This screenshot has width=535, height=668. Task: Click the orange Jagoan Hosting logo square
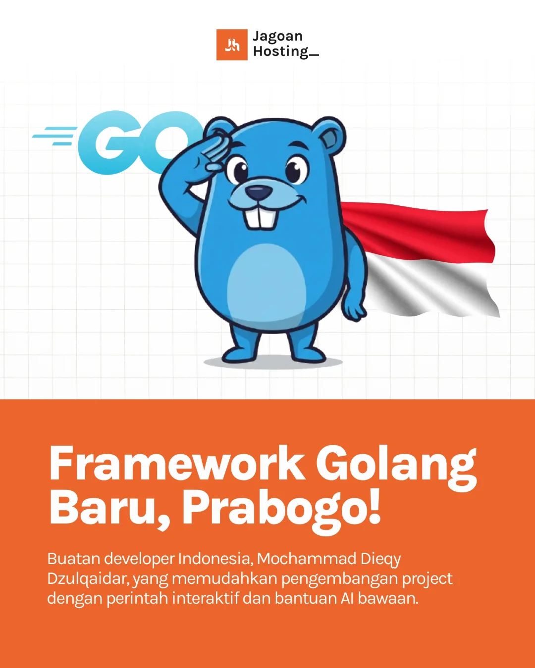[x=232, y=45]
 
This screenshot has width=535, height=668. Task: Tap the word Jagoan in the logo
[x=277, y=37]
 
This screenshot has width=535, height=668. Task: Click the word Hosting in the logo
[x=281, y=51]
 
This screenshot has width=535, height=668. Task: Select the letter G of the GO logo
[x=107, y=143]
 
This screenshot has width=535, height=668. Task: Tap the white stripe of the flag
[x=431, y=287]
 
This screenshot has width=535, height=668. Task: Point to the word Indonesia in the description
[x=215, y=559]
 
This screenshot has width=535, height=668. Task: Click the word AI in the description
[x=346, y=598]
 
